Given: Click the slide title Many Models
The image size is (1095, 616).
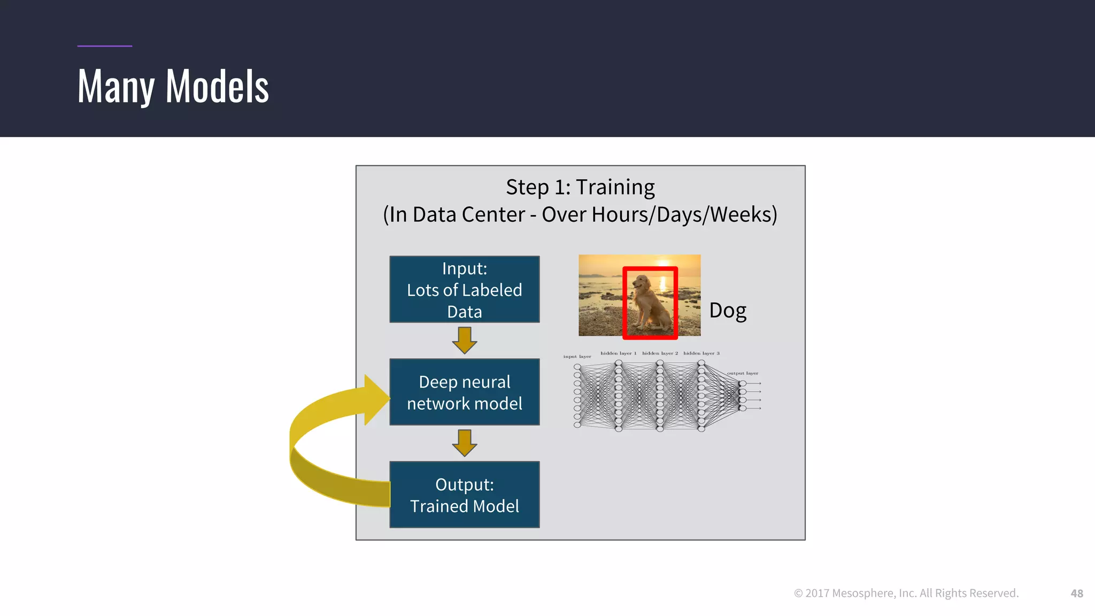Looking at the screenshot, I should click(x=173, y=87).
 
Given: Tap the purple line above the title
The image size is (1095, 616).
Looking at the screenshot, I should click(x=104, y=46).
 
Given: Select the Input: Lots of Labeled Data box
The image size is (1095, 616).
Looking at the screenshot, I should click(x=464, y=289).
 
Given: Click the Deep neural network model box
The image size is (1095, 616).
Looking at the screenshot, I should click(x=464, y=392).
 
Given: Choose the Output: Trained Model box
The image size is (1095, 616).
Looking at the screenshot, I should click(x=464, y=495).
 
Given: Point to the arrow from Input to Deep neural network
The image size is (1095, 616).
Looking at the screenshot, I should click(x=464, y=341).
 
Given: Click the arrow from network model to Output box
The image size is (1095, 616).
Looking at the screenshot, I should click(x=464, y=443).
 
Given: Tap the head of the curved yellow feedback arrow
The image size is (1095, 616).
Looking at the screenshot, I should click(x=376, y=400).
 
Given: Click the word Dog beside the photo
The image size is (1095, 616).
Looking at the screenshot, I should click(x=727, y=311).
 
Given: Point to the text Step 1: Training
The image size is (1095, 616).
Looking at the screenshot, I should click(x=580, y=187).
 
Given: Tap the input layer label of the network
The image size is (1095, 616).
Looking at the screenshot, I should click(x=577, y=357).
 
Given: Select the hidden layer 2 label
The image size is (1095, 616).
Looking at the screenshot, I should click(x=660, y=353).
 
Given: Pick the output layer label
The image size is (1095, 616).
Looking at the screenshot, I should click(x=742, y=373).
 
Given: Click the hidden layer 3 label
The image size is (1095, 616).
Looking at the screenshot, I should click(x=701, y=353).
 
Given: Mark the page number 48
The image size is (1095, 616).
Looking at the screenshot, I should click(x=1076, y=593).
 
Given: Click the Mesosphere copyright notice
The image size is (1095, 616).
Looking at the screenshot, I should click(x=906, y=593).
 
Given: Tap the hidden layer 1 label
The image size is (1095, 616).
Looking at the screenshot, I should click(x=618, y=353).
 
